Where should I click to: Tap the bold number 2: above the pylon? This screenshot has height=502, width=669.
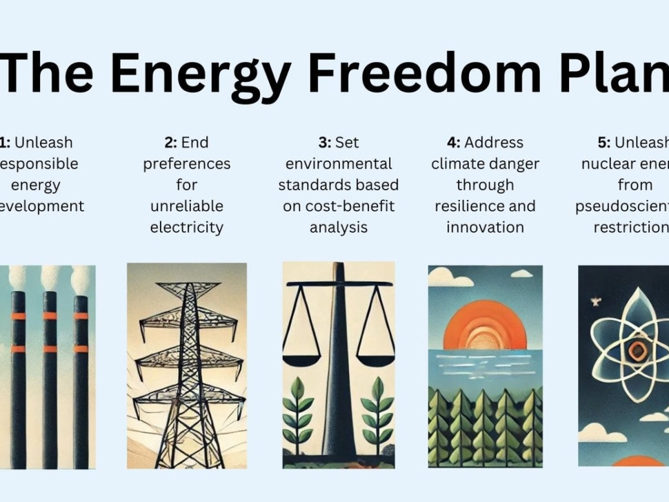coord(170,143)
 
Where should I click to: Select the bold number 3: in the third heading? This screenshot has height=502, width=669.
coord(324,143)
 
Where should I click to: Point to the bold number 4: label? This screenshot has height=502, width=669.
coord(453,143)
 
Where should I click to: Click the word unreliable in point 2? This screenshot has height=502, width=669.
coord(186,206)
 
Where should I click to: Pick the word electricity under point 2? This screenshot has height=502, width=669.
coord(186,227)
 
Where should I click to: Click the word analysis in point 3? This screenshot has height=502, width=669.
coord(338,227)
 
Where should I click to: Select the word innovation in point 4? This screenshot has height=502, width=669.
coord(485,227)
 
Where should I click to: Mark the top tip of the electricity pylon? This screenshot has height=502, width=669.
coord(186,268)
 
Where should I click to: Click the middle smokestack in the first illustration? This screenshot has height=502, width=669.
coord(50,372)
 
